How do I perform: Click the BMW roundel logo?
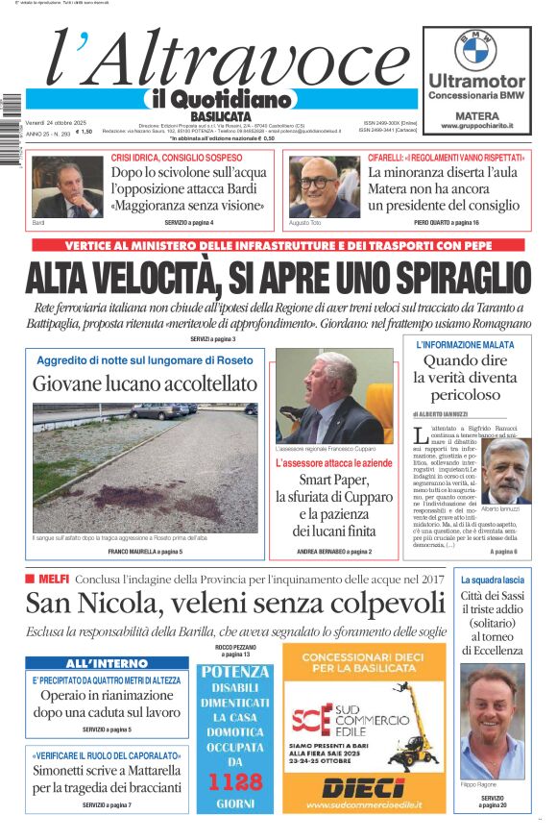coord(476,50)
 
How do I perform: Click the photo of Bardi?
coord(66,186)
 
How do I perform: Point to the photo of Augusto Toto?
coord(323,186)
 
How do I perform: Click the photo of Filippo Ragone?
coord(493,721)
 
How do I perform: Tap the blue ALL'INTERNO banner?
coord(107,663)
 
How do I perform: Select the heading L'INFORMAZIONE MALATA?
coord(472,344)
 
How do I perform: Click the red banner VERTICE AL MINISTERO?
coord(278,245)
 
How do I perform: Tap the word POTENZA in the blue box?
coord(235,672)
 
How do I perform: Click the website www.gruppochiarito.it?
coord(476,126)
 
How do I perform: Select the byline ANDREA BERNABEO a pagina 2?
coord(334,552)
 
